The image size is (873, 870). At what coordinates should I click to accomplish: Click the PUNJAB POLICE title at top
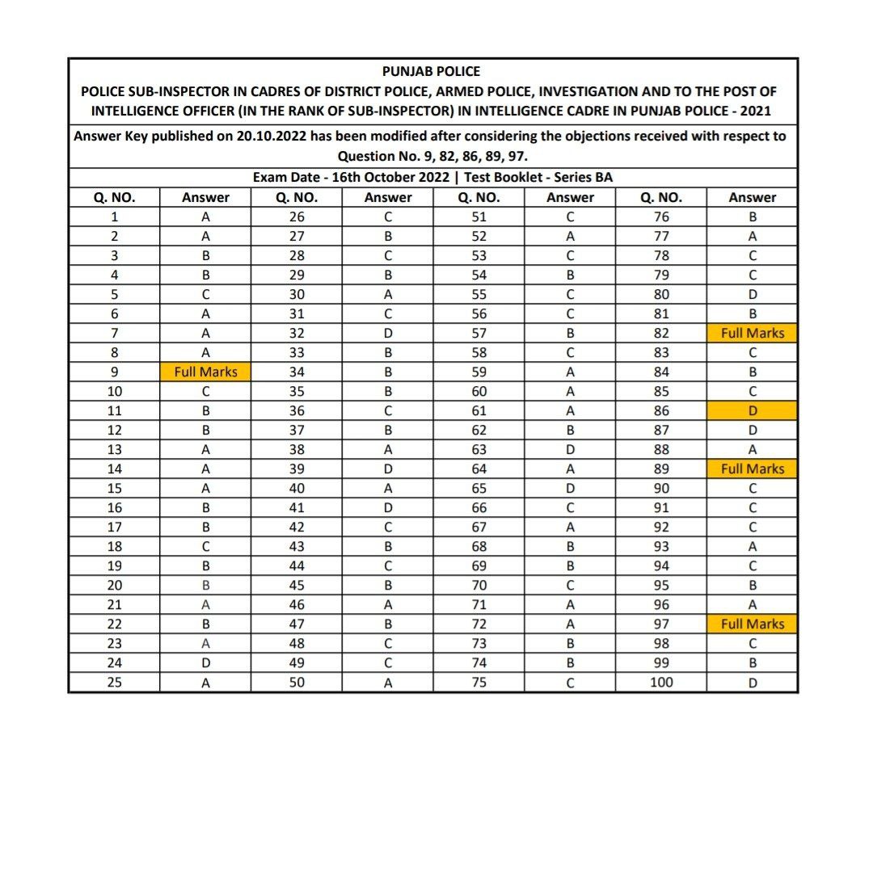coord(431,72)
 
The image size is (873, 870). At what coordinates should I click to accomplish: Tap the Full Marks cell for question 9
coord(205,372)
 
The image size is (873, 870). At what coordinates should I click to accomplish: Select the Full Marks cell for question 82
coord(753,333)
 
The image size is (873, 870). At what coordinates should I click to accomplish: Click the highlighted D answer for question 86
coord(753,410)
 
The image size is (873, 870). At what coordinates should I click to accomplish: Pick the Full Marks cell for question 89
coord(753,469)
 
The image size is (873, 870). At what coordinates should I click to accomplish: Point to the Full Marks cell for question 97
coord(753,624)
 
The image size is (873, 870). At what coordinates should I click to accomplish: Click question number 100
coord(660,682)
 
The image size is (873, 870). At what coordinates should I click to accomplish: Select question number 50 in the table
coord(297,682)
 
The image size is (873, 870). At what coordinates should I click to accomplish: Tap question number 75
coord(479,682)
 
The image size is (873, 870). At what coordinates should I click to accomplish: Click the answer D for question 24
coord(205,662)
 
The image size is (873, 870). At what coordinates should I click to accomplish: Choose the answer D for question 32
coord(388,333)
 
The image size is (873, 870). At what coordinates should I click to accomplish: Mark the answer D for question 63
coord(570,449)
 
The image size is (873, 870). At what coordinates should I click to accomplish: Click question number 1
coord(114,216)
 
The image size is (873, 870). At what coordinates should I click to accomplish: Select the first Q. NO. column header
coord(114,197)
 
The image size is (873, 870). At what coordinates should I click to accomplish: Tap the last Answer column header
coord(753,197)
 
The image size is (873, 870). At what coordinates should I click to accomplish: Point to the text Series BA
coord(583,177)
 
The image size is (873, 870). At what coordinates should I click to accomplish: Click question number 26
coord(297,216)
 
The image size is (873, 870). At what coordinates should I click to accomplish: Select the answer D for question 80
coord(753,294)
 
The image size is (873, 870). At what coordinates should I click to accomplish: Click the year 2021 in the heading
coord(759,111)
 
